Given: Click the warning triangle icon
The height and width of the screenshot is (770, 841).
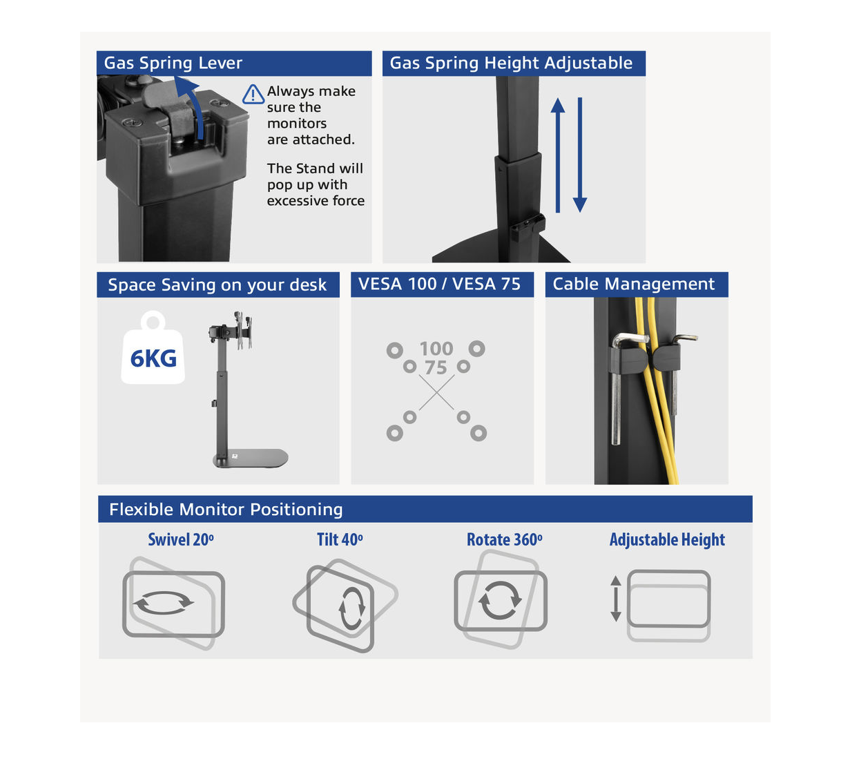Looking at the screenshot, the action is [x=253, y=95].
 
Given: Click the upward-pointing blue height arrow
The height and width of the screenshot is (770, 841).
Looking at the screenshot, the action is [x=558, y=155].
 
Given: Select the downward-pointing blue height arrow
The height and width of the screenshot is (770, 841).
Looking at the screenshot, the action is [x=580, y=155].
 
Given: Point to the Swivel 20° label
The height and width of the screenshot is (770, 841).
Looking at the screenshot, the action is [x=181, y=540].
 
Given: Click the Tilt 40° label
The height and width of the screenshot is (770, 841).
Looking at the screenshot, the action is [x=340, y=540].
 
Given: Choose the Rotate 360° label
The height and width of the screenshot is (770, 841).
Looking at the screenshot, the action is [x=504, y=540].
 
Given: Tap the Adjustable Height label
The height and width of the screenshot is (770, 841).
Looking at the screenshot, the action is [x=667, y=540].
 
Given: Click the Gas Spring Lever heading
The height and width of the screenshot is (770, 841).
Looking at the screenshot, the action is [x=173, y=63].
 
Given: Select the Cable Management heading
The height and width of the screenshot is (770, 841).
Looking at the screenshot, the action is [x=633, y=284].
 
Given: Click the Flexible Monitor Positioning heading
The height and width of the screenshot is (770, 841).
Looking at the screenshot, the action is [x=226, y=509].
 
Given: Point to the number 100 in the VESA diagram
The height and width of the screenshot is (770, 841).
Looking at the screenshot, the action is [x=436, y=349].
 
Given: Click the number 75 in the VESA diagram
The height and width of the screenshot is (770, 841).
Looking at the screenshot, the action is [x=436, y=368].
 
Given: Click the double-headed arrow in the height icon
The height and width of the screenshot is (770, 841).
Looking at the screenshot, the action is [x=615, y=599].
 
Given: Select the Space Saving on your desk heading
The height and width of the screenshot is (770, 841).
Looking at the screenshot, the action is [x=217, y=285].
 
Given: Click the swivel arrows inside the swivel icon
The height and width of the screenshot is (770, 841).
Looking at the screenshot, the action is [x=164, y=602].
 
